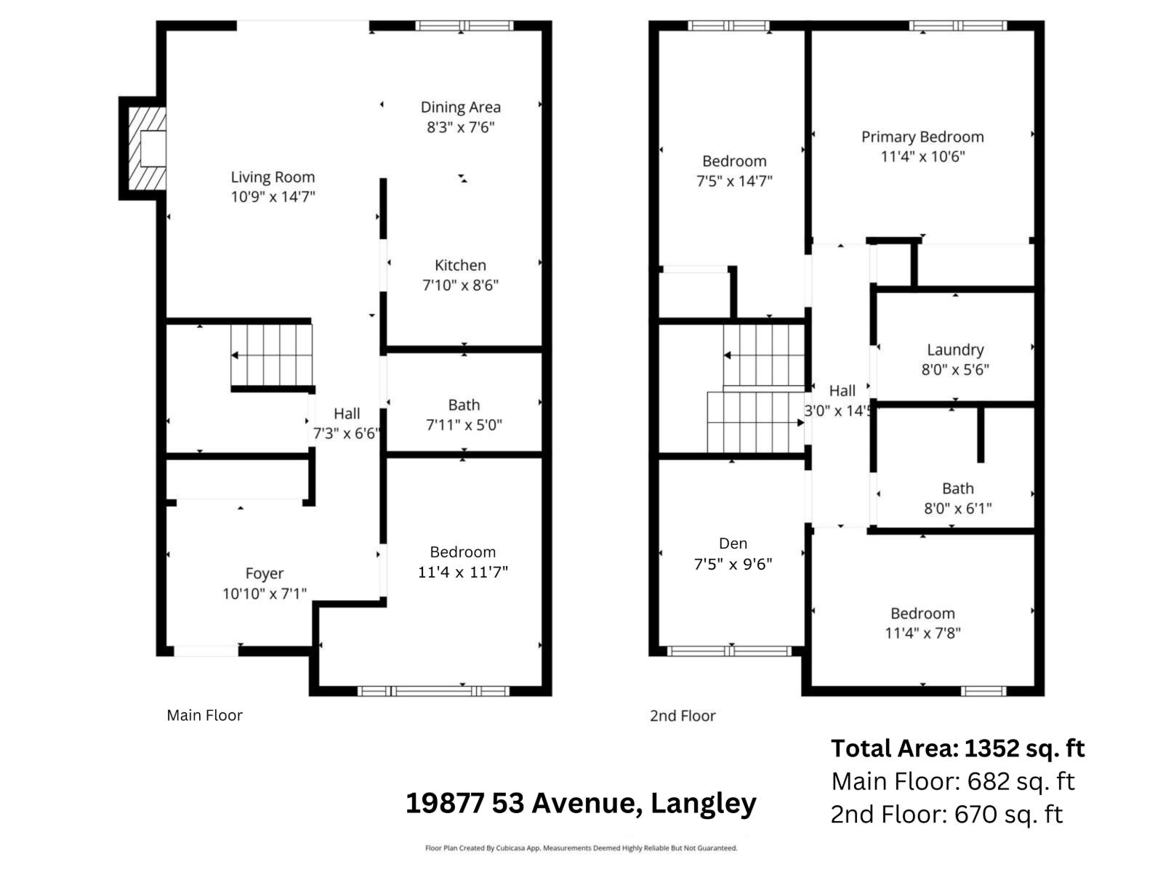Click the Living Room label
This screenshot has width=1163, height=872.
(x=273, y=177)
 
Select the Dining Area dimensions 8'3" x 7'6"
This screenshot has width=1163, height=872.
(x=461, y=128)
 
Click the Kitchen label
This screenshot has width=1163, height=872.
(x=460, y=266)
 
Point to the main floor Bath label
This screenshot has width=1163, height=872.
(x=464, y=405)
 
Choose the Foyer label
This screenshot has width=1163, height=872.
(x=264, y=574)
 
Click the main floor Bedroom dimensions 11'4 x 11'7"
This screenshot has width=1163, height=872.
(x=462, y=573)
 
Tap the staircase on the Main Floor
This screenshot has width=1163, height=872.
(x=272, y=355)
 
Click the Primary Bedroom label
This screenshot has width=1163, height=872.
(x=922, y=137)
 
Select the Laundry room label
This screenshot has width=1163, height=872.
(x=955, y=350)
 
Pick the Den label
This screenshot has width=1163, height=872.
(x=733, y=544)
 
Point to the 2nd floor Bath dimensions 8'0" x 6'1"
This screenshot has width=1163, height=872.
(x=957, y=509)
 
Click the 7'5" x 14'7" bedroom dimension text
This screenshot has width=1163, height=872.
(x=734, y=181)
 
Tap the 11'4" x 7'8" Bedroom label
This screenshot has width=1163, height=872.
(x=922, y=614)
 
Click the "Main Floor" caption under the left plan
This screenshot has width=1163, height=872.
(x=204, y=716)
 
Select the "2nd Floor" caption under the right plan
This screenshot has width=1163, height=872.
(x=683, y=716)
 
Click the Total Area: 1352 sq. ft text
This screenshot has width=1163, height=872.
(x=957, y=748)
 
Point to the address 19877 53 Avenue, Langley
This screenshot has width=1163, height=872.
(x=581, y=804)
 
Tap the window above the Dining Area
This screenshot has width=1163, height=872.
(x=464, y=26)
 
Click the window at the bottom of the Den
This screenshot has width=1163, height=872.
(x=730, y=651)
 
